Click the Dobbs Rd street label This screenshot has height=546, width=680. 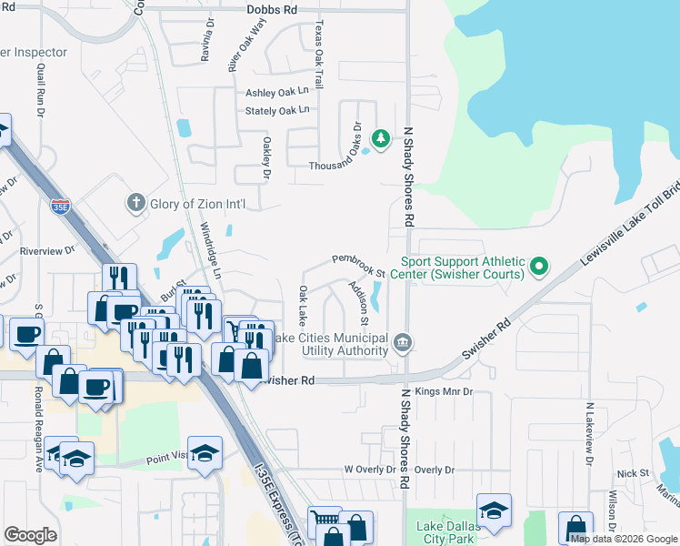[272, 10]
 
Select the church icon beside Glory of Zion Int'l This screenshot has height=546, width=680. [135, 203]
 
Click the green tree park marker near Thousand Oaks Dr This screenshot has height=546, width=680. [383, 138]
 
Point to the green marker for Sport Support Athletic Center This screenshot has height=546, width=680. [539, 267]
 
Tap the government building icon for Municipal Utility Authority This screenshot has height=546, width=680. [403, 343]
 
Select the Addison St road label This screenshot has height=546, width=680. [358, 303]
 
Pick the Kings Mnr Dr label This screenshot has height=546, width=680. [444, 392]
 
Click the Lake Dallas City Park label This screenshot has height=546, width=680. [446, 532]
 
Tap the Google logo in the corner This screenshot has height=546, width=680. [30, 534]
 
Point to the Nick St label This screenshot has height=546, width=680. [632, 473]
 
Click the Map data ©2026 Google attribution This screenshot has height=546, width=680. [624, 538]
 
